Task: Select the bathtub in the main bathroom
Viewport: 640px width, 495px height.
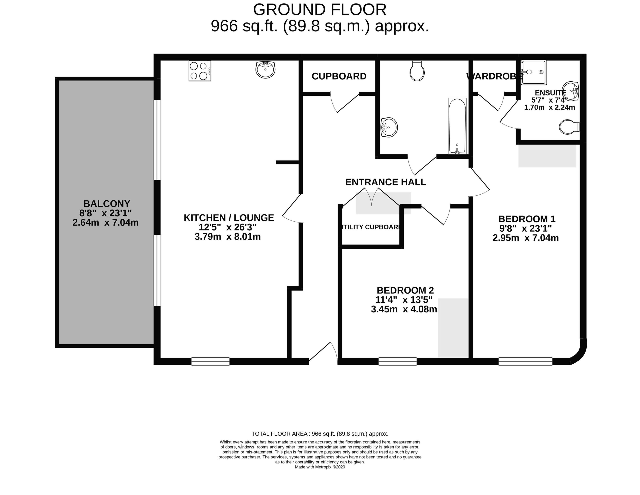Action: (457, 126)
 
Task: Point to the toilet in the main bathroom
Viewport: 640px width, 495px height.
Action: (417, 71)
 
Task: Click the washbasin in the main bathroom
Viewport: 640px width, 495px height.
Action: (389, 127)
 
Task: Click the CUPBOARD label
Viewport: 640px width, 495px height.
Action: (339, 76)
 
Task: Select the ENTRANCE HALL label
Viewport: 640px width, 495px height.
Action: (386, 182)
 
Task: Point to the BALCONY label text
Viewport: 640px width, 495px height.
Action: (107, 204)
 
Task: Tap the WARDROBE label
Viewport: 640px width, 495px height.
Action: (494, 76)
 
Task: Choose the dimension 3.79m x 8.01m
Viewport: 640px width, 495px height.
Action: (228, 236)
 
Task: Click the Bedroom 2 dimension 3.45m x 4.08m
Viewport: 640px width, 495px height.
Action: (404, 309)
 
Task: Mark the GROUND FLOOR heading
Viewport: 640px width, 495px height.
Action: (320, 10)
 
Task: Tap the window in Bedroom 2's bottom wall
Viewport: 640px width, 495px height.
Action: (397, 361)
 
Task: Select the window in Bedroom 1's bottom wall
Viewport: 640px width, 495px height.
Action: (525, 361)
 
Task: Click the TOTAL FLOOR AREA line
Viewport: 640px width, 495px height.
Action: (320, 434)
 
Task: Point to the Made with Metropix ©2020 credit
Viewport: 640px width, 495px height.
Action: (320, 467)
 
